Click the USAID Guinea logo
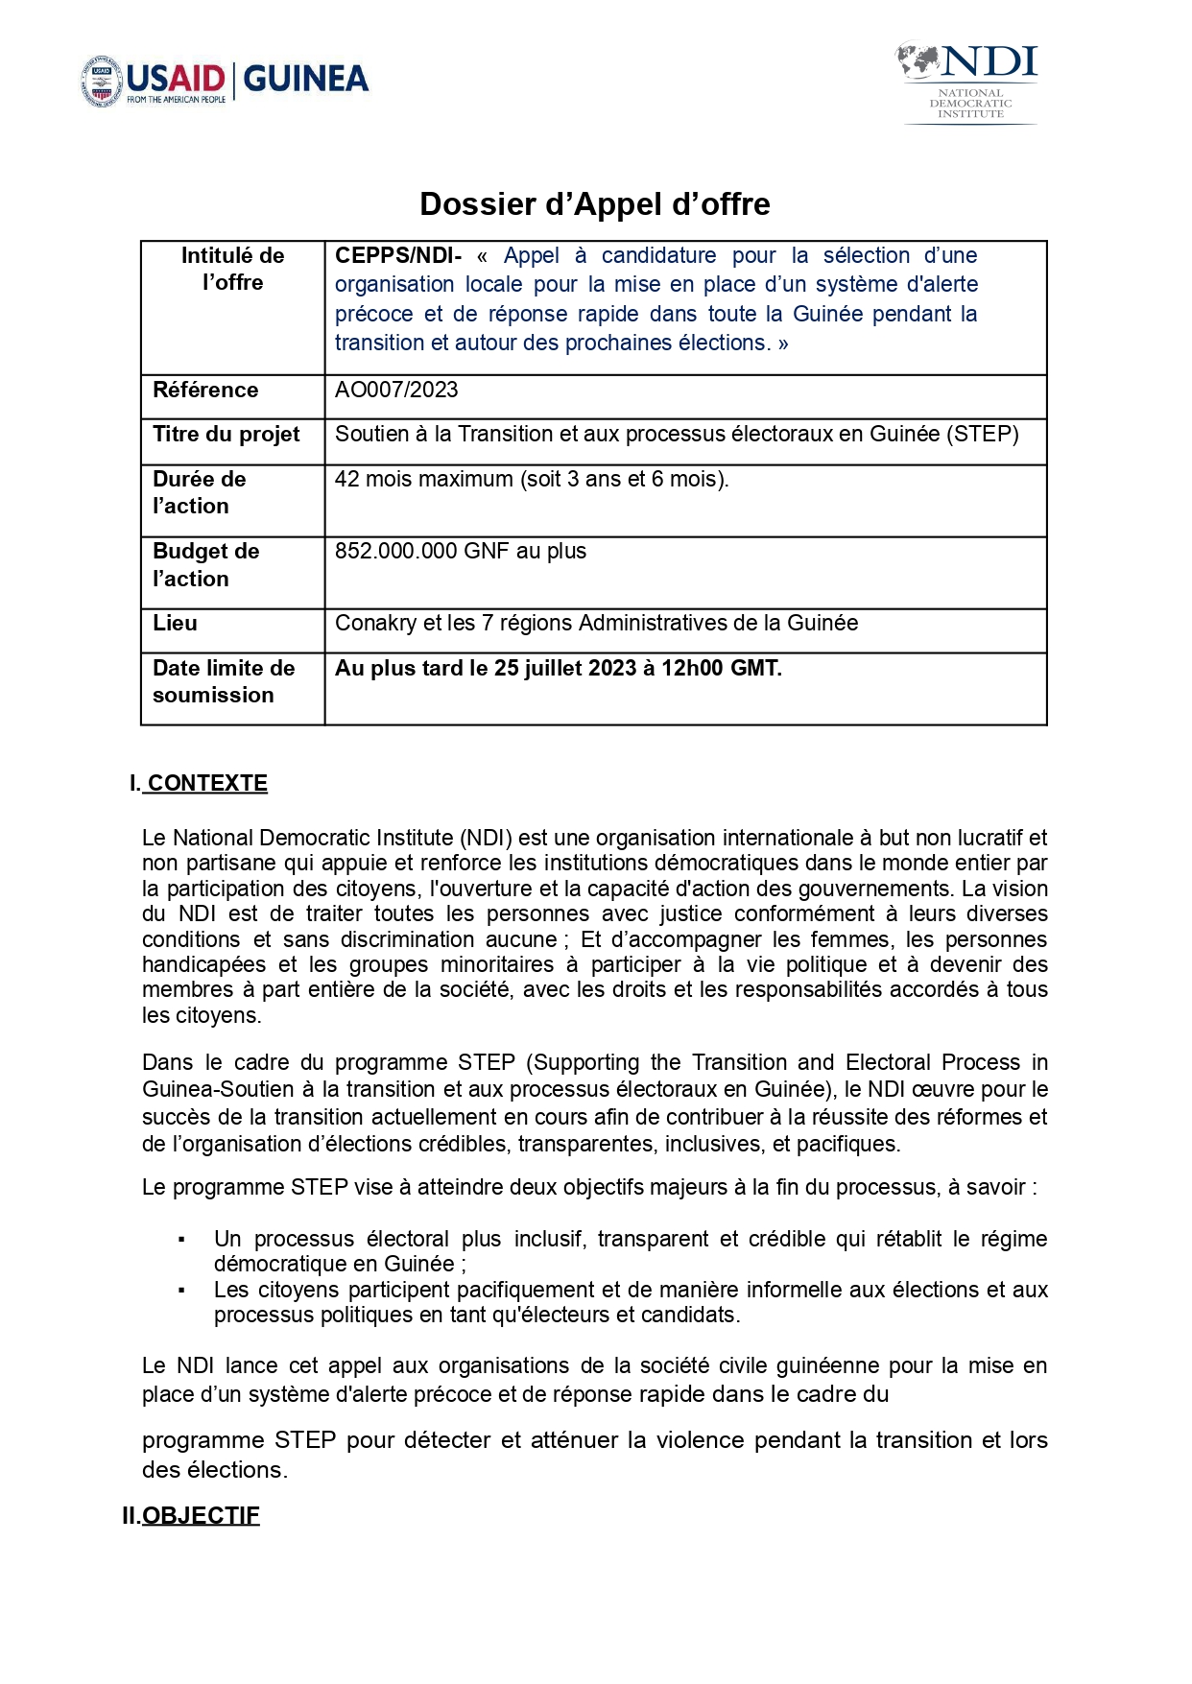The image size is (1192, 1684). [x=225, y=81]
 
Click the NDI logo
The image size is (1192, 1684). [x=968, y=83]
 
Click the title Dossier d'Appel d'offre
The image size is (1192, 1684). [x=595, y=204]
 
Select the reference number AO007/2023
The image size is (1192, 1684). [x=396, y=390]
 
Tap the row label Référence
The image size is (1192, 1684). [x=205, y=390]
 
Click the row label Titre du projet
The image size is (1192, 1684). [x=226, y=435]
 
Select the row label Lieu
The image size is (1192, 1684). [x=176, y=624]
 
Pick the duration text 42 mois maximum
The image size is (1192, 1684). [x=423, y=479]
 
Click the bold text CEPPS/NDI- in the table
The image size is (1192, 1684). [x=397, y=256]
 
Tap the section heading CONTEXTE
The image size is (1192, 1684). [x=206, y=784]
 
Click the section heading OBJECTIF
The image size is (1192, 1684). [x=201, y=1516]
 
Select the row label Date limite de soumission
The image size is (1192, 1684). [x=223, y=681]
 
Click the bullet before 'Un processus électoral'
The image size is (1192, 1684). [x=181, y=1241]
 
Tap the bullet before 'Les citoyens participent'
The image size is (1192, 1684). [x=181, y=1291]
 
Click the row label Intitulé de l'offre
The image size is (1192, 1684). [x=232, y=269]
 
